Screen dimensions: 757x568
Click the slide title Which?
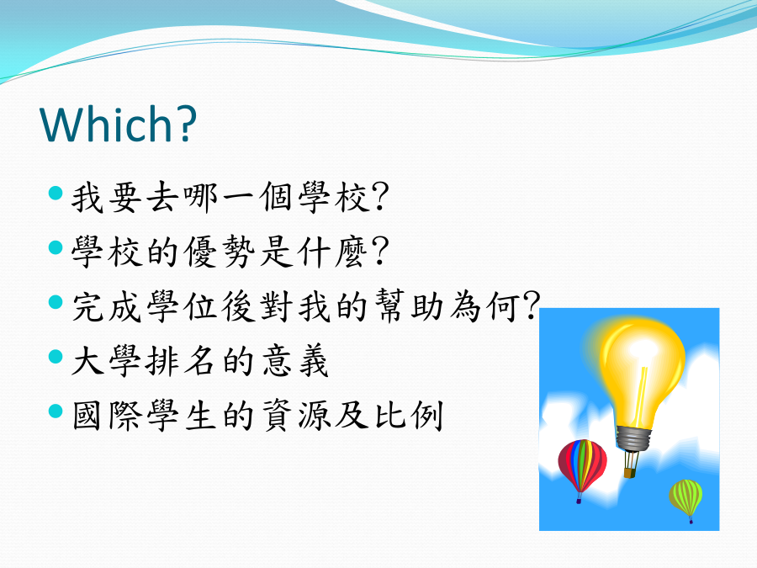tap(119, 124)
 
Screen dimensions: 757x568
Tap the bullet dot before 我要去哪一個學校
tap(56, 194)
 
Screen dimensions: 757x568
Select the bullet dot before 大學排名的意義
tap(56, 357)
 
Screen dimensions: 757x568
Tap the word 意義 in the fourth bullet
tap(295, 361)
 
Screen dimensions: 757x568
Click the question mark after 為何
tap(531, 305)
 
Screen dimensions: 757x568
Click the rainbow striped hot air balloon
tap(582, 465)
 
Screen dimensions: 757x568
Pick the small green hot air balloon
tap(686, 497)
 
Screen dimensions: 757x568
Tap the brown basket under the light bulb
tap(629, 472)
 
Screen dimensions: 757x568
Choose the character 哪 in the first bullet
tap(201, 197)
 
